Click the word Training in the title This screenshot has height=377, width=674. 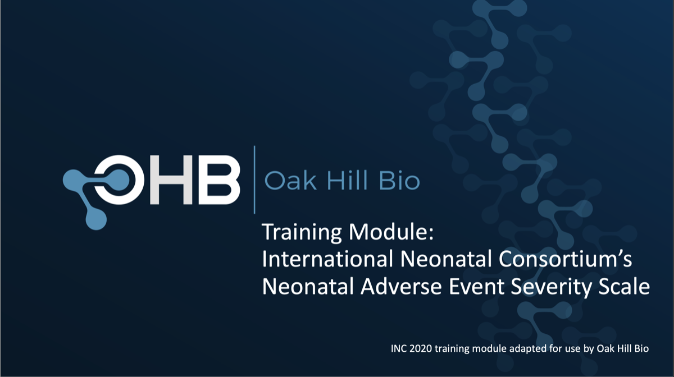point(302,232)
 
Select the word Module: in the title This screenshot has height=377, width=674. point(391,232)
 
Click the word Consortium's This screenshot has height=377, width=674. point(565,259)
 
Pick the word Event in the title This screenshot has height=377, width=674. point(477,286)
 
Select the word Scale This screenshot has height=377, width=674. point(624,286)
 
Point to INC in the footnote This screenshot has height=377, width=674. point(399,348)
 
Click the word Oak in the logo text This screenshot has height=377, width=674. point(290,181)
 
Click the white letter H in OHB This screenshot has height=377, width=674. point(171,180)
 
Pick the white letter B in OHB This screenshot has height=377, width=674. point(219,180)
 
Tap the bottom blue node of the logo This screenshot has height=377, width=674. point(96,219)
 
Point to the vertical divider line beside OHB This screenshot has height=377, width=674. point(254,180)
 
